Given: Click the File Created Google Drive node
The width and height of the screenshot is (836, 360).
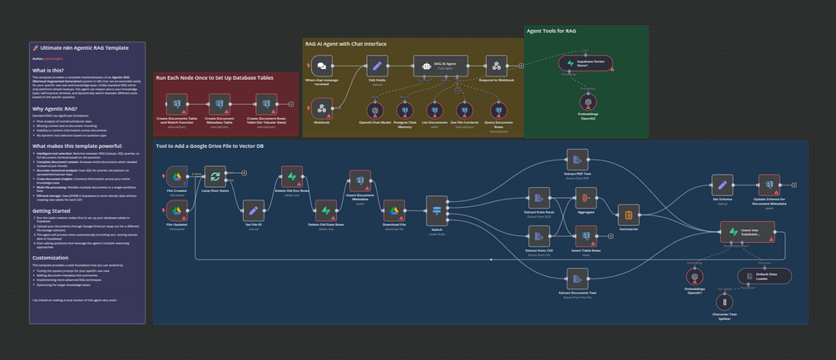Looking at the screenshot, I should [177, 176].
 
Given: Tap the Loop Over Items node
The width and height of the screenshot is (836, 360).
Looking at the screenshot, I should [215, 176].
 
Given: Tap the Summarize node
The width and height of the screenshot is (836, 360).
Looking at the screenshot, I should [629, 215].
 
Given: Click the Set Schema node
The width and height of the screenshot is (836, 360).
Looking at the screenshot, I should [722, 185].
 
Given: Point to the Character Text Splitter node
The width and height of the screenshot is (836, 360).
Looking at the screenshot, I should [725, 303].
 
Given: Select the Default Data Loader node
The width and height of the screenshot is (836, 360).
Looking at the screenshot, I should [764, 275].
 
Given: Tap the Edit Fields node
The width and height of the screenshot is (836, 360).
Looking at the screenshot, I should [377, 66].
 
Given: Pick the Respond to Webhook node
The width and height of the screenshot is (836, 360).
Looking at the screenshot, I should [495, 66].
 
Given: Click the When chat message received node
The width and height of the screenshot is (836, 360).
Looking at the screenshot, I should [320, 66].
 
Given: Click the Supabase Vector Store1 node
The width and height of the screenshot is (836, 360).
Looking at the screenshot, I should [587, 62].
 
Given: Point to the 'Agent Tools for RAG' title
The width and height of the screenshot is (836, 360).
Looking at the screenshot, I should [552, 31].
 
